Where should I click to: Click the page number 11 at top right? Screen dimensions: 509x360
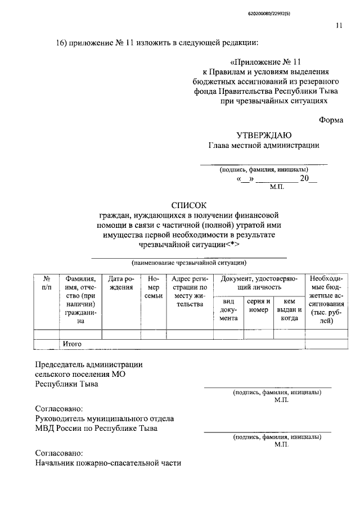click(339, 25)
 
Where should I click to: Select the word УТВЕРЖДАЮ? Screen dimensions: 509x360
click(264, 134)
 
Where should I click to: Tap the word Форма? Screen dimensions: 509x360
click(330, 119)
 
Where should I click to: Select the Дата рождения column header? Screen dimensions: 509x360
click(121, 282)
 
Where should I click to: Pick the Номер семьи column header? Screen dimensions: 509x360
click(154, 287)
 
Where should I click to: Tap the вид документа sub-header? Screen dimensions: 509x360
click(228, 309)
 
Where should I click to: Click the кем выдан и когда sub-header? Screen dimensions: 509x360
click(289, 309)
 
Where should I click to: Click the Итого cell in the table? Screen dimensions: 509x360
click(73, 343)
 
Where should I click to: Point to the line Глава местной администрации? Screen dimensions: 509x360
click(264, 145)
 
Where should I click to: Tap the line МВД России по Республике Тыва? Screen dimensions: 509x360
click(96, 428)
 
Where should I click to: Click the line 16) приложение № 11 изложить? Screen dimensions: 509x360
click(157, 43)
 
